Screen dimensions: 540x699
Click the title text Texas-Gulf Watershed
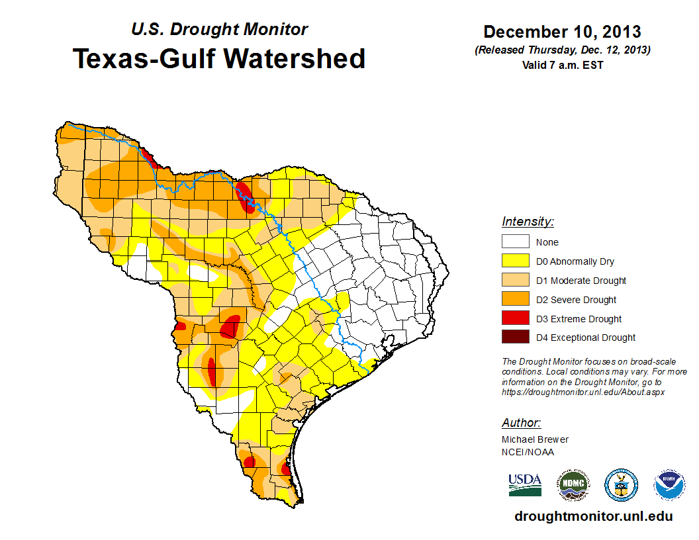tap(218, 59)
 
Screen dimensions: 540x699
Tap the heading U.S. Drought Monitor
tap(219, 30)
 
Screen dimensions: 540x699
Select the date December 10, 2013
tap(562, 32)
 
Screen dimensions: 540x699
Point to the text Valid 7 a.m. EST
tap(562, 64)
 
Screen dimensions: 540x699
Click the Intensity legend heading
tap(528, 222)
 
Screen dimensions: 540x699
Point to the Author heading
tap(521, 423)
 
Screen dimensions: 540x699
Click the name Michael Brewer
tap(535, 439)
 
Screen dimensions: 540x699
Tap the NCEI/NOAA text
tap(528, 452)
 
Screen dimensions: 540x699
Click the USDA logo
tap(525, 485)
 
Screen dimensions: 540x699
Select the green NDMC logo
tap(573, 485)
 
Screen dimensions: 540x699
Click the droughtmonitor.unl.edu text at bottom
tap(593, 516)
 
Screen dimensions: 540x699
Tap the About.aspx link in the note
tap(583, 392)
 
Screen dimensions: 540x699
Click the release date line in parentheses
tap(562, 50)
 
